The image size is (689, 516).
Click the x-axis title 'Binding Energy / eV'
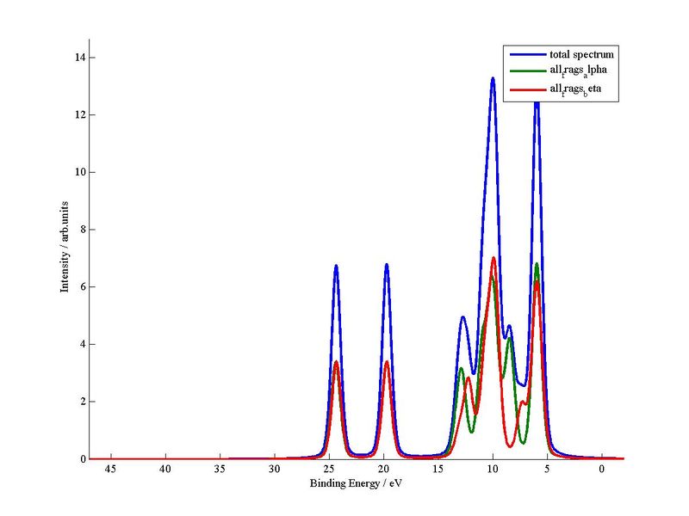356,484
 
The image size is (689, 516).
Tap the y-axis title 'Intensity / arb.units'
64,249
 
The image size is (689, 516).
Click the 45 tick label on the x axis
111,470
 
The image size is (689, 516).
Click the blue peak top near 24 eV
336,266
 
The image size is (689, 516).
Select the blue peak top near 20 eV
387,265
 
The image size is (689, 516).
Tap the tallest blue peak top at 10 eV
493,78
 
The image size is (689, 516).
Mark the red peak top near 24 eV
336,362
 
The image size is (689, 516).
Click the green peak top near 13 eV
461,369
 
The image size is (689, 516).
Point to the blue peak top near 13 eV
462,317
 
